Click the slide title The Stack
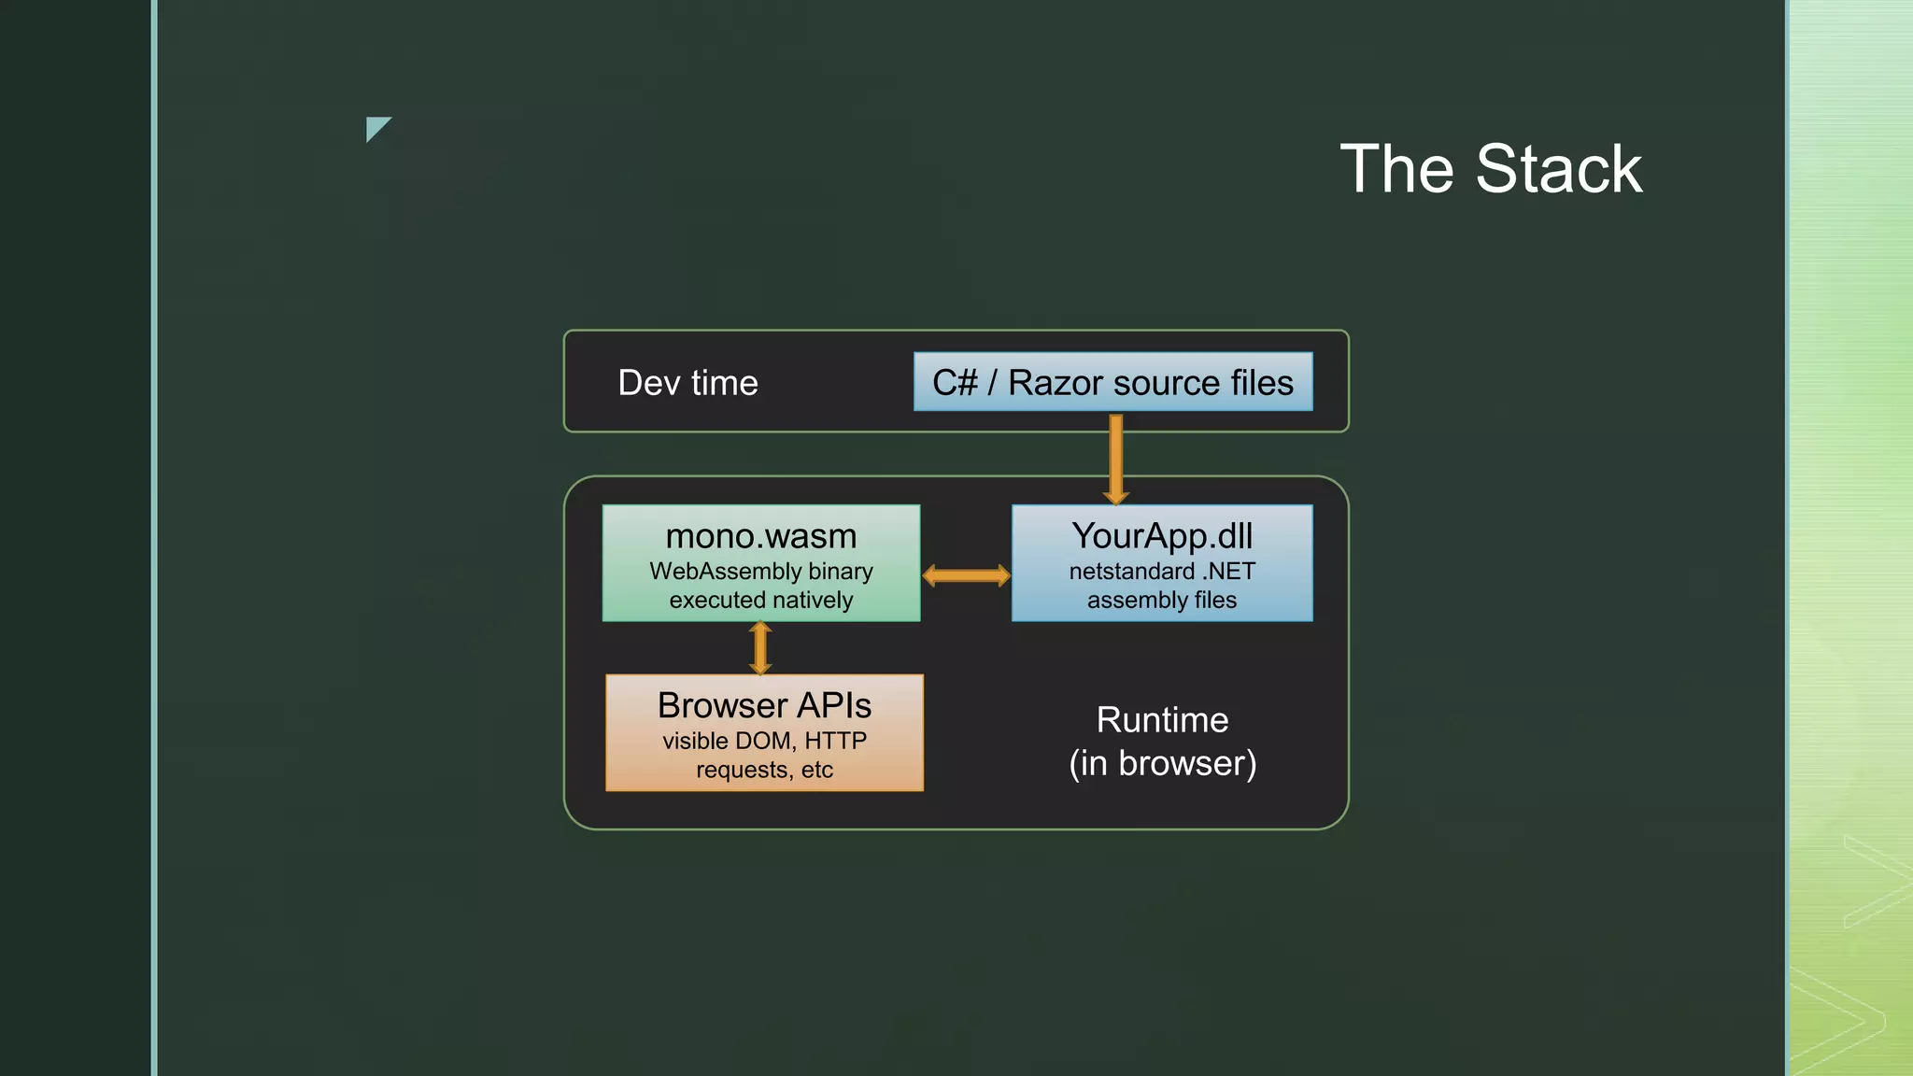1491,169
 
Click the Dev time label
687,383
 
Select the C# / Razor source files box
1112,382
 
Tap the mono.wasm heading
760,536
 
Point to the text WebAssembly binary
760,571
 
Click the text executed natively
760,600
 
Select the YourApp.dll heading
1162,536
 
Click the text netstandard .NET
1162,571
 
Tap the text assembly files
1162,600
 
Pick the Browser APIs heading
764,705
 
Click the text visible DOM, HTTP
764,741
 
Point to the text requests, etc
764,770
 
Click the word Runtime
1162,720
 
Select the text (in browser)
1162,763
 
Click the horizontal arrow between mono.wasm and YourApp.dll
966,575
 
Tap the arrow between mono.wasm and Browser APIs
760,648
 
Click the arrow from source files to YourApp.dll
1115,458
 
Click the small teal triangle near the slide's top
376,127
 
